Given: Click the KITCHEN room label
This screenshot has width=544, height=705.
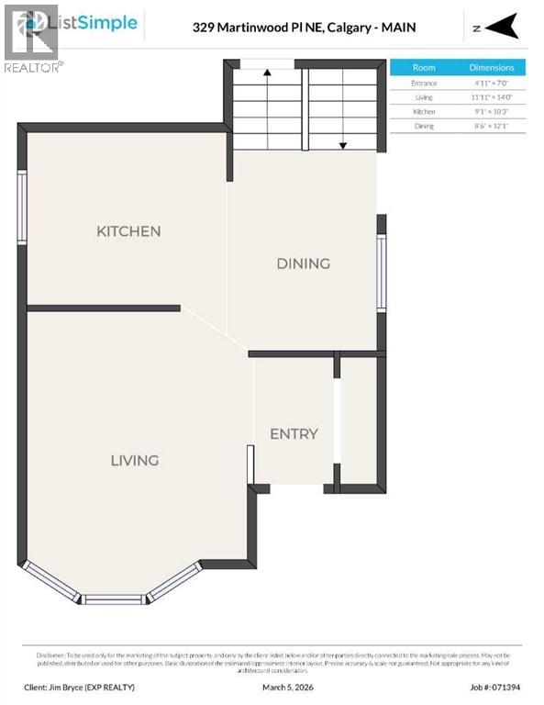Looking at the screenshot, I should tap(128, 231).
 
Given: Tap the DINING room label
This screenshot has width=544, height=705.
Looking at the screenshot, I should tap(303, 263).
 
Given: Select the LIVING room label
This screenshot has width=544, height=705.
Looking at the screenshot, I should tap(135, 460).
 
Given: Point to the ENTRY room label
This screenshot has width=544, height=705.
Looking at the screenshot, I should tap(294, 433).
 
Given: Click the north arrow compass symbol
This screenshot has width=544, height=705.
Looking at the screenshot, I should tap(497, 28).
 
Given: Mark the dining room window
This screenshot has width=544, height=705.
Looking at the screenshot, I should tap(382, 273).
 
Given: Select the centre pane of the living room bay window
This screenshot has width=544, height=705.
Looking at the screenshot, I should tap(115, 599).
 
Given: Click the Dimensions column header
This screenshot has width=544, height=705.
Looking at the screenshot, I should tap(492, 68).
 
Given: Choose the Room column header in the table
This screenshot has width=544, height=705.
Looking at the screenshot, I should tap(424, 68).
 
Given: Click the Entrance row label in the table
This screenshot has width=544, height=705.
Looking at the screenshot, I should tap(424, 84).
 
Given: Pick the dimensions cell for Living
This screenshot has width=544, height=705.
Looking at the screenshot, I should tap(492, 97).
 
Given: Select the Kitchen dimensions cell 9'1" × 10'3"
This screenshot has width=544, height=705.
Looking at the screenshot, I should tap(492, 111).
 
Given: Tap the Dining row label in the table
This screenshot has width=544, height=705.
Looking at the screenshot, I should tap(424, 126).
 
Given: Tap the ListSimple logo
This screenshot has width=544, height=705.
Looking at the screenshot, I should tap(92, 23).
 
